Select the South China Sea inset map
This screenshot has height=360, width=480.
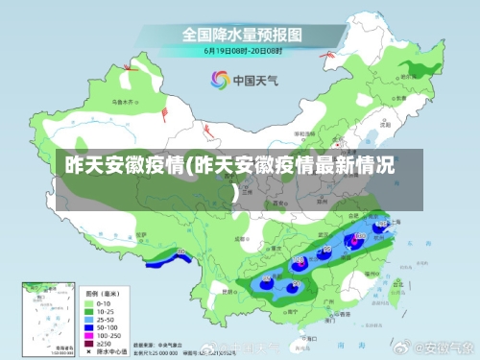[x=44, y=317]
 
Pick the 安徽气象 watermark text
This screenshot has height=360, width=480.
[x=443, y=345]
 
